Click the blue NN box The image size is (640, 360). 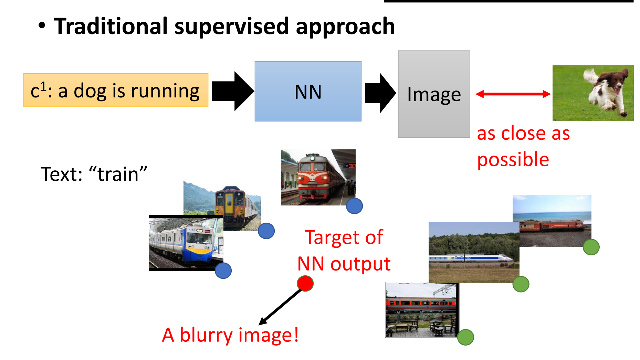308,91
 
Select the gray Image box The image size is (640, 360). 434,94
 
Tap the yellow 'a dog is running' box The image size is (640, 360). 116,90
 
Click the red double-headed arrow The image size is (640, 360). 513,94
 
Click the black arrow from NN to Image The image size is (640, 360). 380,93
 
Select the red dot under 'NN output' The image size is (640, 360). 305,283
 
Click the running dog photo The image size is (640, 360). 592,93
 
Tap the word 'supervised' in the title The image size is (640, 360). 231,27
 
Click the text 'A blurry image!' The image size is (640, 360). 230,335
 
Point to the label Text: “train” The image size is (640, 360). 94,174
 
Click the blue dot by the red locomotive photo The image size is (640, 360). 354,206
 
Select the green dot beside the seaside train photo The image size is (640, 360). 591,247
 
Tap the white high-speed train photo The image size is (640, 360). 473,252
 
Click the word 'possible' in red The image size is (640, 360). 513,160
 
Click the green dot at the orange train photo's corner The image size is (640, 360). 465,337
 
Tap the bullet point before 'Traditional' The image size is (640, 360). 42,26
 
